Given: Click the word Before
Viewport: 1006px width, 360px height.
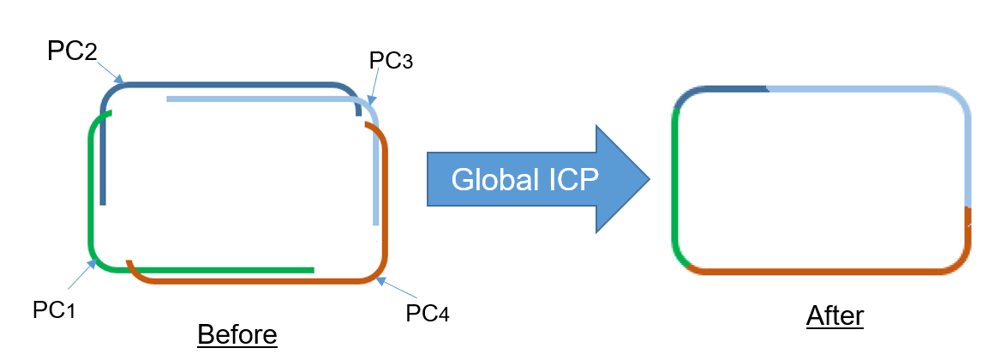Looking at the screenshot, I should coord(237,334).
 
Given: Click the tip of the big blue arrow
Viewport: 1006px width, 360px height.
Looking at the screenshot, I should coord(647,179).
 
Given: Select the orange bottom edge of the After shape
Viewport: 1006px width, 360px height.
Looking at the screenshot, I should coord(823,271).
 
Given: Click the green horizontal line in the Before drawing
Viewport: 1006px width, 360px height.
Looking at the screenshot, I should coord(223,270).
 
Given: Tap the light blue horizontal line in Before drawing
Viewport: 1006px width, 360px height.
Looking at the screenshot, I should coord(257,99).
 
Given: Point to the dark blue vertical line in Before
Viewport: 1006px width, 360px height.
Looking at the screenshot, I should coord(103,163).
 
